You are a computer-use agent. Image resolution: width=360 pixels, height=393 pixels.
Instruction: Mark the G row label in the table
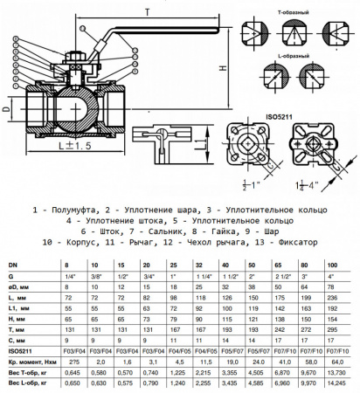click(x=10, y=274)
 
